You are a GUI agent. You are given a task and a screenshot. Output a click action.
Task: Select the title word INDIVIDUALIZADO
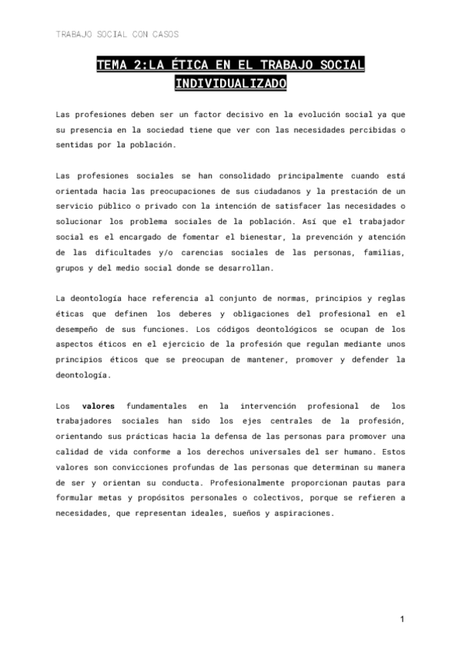tap(230, 82)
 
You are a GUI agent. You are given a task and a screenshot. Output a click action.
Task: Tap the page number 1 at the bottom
tap(402, 619)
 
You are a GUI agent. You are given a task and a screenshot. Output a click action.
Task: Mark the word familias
tap(382, 252)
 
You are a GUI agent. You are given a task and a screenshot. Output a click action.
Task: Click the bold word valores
tap(98, 405)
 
